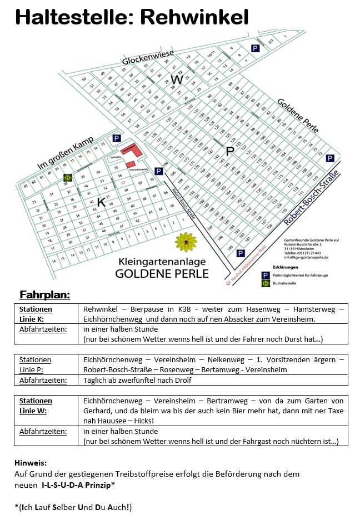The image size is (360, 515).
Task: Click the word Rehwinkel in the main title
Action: point(194,17)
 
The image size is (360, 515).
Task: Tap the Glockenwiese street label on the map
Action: point(148,58)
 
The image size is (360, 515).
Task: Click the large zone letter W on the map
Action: point(177,79)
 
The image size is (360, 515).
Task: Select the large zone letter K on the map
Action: point(101,202)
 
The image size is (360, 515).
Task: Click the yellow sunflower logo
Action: point(186,242)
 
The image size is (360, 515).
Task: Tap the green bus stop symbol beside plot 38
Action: point(67,178)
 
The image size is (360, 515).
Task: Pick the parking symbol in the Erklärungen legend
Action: point(266,274)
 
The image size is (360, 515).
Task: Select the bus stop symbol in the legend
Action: point(266,283)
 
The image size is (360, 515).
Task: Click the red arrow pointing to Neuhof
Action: point(228,282)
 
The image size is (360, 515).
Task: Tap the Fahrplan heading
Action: point(44,294)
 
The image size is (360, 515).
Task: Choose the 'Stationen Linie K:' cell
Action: point(36,313)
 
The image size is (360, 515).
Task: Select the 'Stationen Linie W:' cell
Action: point(36,406)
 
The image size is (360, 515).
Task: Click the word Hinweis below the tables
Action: point(31,462)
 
